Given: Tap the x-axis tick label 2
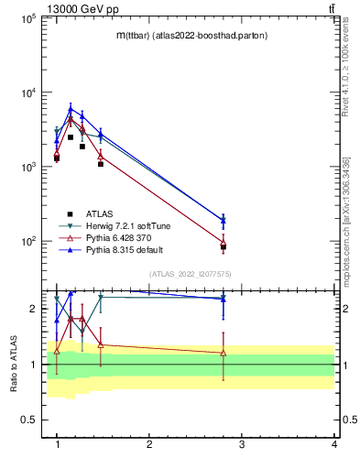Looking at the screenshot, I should coord(149,444).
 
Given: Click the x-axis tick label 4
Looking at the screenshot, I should coord(334,444).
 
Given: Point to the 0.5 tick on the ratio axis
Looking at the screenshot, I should coord(27,420).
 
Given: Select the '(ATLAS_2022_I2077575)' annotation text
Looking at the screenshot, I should coord(191,274).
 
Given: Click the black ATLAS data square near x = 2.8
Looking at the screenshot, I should coord(224,247).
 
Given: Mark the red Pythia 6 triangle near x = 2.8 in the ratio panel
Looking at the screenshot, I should coord(224,353).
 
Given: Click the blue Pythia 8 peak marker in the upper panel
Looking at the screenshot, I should coord(71,108).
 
